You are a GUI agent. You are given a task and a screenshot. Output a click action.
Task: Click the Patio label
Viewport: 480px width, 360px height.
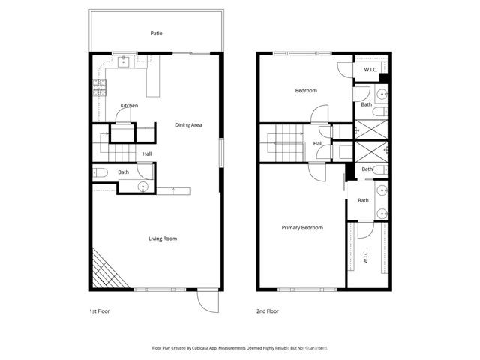156,33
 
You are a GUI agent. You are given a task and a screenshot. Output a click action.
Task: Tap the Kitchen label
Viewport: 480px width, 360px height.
129,106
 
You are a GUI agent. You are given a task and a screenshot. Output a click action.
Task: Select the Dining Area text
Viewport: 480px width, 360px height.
189,125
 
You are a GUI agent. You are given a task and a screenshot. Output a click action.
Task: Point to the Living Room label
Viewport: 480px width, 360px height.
162,238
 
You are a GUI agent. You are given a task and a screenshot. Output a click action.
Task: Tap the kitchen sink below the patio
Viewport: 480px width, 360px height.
124,61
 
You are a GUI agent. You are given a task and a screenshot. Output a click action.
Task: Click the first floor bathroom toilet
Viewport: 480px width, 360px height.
101,173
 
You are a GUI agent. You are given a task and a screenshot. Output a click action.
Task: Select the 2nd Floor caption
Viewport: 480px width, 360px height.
268,310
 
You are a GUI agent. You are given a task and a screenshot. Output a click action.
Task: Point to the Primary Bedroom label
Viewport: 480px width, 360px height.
302,227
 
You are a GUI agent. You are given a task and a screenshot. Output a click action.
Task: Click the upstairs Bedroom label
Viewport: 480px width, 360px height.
305,91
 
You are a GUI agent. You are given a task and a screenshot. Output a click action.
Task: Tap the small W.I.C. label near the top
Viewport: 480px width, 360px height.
370,70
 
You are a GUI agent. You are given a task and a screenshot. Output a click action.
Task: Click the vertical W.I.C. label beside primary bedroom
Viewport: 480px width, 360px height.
365,257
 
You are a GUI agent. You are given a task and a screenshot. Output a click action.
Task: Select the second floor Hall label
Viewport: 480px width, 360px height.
318,143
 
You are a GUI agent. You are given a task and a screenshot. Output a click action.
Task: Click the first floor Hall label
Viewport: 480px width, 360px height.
147,154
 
